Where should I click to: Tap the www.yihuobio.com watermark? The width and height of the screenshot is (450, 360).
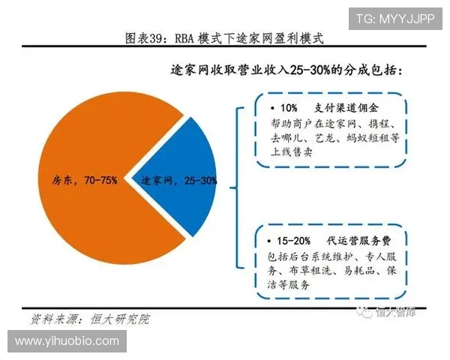tap(67, 340)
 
